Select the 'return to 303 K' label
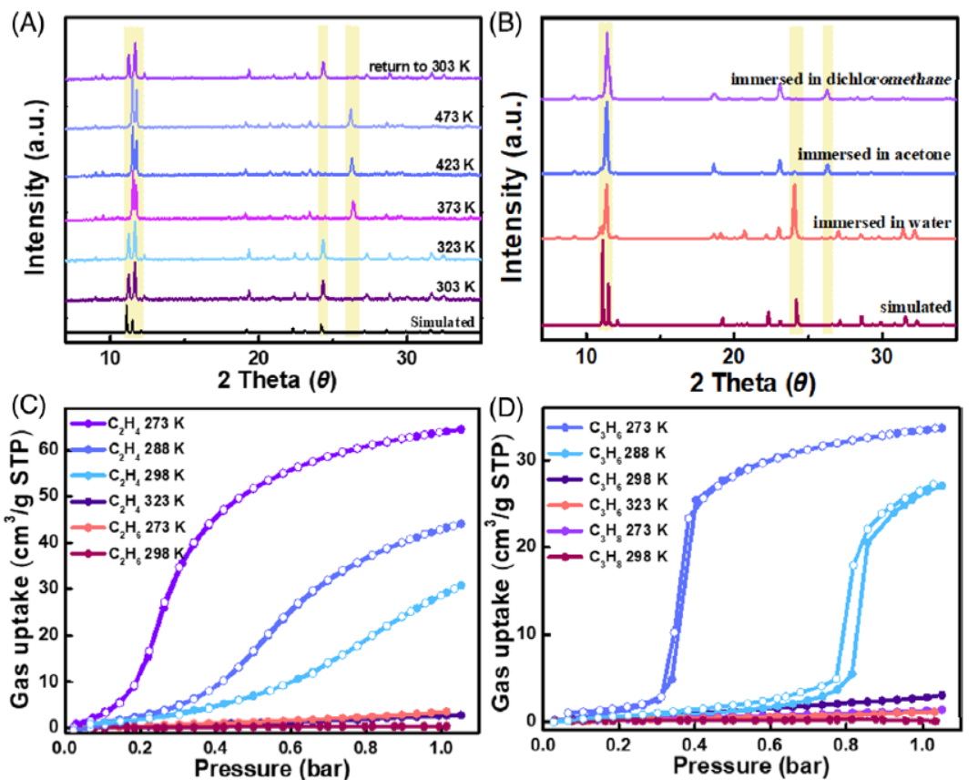[423, 66]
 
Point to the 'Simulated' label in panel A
[443, 322]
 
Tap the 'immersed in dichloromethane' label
[841, 80]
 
